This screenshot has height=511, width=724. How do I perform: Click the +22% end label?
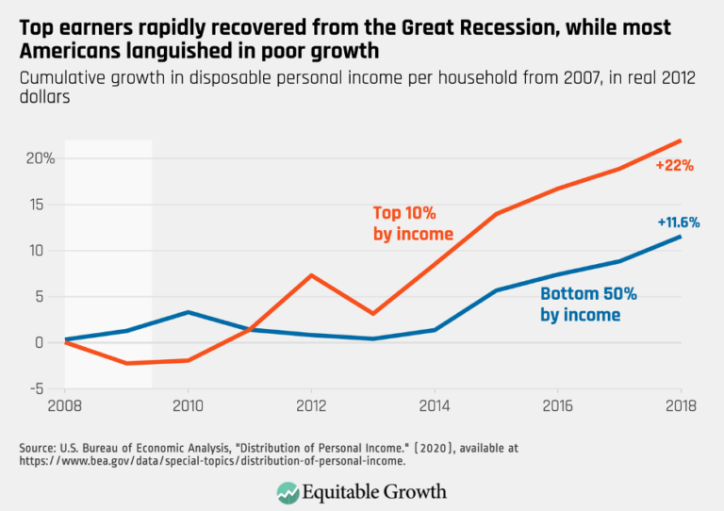(x=675, y=165)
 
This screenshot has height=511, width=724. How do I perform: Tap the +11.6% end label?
(x=678, y=223)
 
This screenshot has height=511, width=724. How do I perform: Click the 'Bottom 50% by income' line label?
(x=588, y=305)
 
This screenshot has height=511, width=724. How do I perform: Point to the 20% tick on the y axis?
(x=40, y=158)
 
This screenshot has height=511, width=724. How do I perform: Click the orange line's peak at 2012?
(x=311, y=275)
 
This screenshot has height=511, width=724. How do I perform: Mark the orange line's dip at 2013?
(x=372, y=314)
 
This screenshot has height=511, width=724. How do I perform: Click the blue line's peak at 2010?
(x=188, y=312)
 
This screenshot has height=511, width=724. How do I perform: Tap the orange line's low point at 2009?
(x=126, y=363)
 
